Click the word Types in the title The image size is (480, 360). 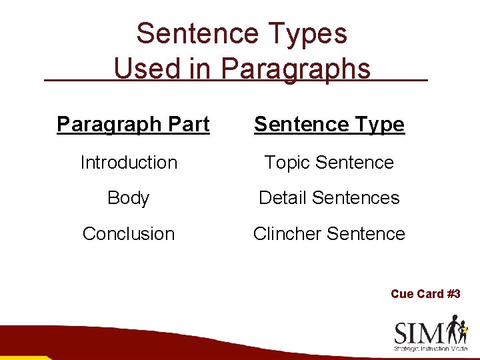tap(309, 34)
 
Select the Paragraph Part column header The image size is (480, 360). tap(133, 124)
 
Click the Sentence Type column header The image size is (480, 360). tap(329, 124)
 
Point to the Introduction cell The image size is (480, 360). tap(129, 162)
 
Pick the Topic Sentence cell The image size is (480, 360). tap(329, 162)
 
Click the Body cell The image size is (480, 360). tap(128, 198)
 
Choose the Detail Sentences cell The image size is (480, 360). tap(329, 198)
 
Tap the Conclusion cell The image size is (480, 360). tap(129, 234)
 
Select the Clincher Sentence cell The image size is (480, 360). tap(329, 234)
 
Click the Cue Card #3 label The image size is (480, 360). tap(425, 294)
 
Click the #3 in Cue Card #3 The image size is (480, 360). tap(453, 294)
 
